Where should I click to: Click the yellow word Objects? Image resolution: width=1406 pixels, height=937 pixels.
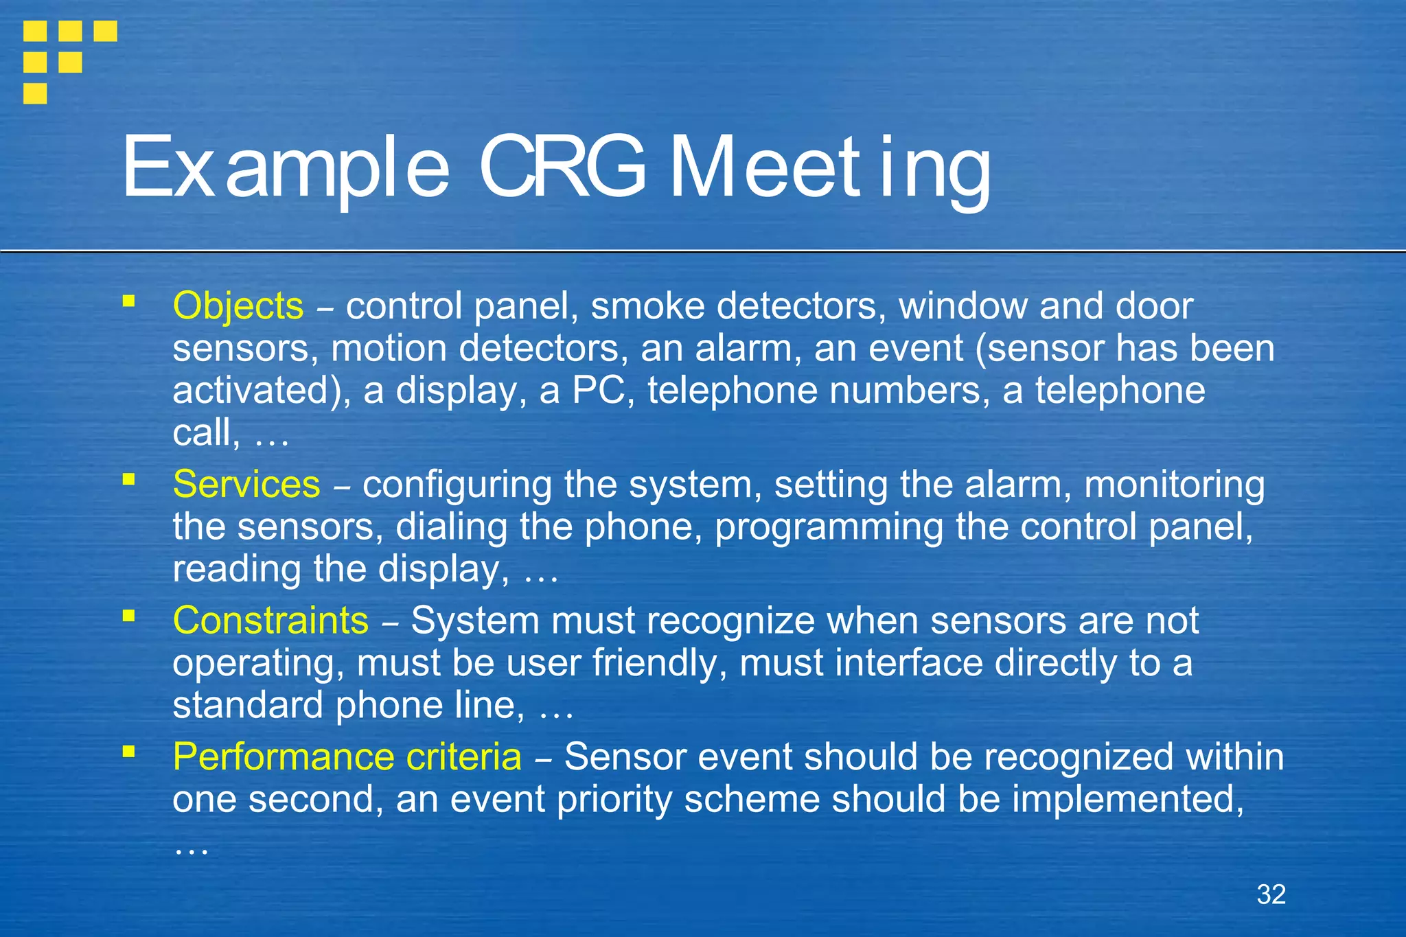click(238, 306)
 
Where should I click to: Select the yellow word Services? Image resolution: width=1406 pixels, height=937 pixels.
click(246, 485)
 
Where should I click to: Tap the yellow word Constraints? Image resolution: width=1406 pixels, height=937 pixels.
click(270, 621)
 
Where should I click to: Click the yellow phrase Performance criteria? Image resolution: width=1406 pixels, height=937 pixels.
click(347, 757)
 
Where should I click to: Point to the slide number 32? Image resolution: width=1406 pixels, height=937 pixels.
click(1271, 894)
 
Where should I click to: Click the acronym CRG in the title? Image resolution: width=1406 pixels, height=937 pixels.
click(562, 167)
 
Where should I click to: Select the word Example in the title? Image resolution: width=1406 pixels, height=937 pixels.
click(286, 167)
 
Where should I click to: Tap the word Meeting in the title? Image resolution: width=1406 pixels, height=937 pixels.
click(829, 167)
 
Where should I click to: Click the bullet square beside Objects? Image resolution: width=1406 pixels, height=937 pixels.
click(128, 301)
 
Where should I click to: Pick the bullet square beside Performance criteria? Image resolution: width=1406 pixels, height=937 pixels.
click(128, 752)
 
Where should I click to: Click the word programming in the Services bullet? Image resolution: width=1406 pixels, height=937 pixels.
click(829, 527)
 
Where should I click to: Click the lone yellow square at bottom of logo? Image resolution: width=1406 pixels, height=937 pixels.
click(35, 93)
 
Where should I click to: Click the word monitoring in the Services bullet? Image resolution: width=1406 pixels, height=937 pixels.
click(1174, 485)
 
